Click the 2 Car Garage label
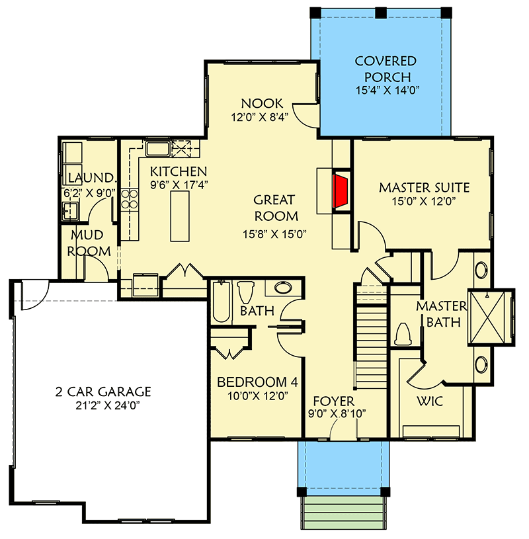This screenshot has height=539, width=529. coord(103,391)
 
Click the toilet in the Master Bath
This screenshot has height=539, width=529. coord(403,334)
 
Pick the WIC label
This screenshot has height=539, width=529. coord(430,401)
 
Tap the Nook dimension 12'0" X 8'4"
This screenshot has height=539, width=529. coord(262,118)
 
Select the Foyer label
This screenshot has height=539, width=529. coord(333,401)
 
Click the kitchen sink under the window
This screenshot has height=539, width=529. coord(157,147)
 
